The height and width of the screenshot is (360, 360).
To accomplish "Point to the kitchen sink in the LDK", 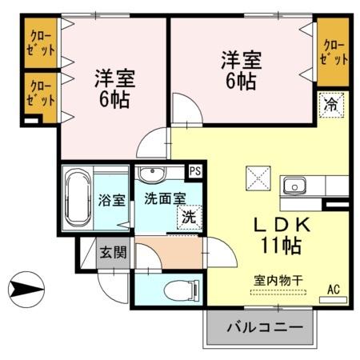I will click(x=294, y=186).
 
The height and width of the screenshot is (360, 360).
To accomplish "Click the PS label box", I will click(x=194, y=170).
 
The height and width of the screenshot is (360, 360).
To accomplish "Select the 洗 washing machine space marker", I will click(x=187, y=216).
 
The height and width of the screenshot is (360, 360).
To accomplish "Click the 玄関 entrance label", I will click(x=111, y=252).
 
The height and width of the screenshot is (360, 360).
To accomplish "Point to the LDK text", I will click(x=277, y=226).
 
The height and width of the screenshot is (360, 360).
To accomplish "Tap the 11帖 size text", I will click(x=278, y=246).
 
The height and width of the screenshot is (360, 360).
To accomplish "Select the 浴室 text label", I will click(x=111, y=200).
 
